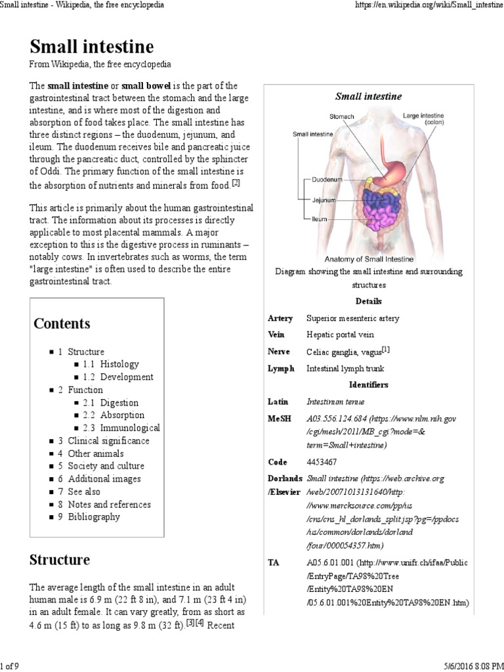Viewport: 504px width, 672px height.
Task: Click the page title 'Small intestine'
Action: [92, 47]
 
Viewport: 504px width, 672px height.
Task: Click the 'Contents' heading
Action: [62, 324]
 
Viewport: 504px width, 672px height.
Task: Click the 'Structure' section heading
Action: [60, 560]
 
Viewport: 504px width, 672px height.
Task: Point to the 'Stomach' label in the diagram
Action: [341, 117]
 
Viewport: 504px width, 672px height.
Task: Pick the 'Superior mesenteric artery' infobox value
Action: [352, 318]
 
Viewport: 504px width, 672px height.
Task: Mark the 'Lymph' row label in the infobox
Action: [281, 369]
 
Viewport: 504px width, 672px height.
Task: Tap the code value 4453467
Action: [322, 462]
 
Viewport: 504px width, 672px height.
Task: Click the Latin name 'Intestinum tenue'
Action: [335, 401]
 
